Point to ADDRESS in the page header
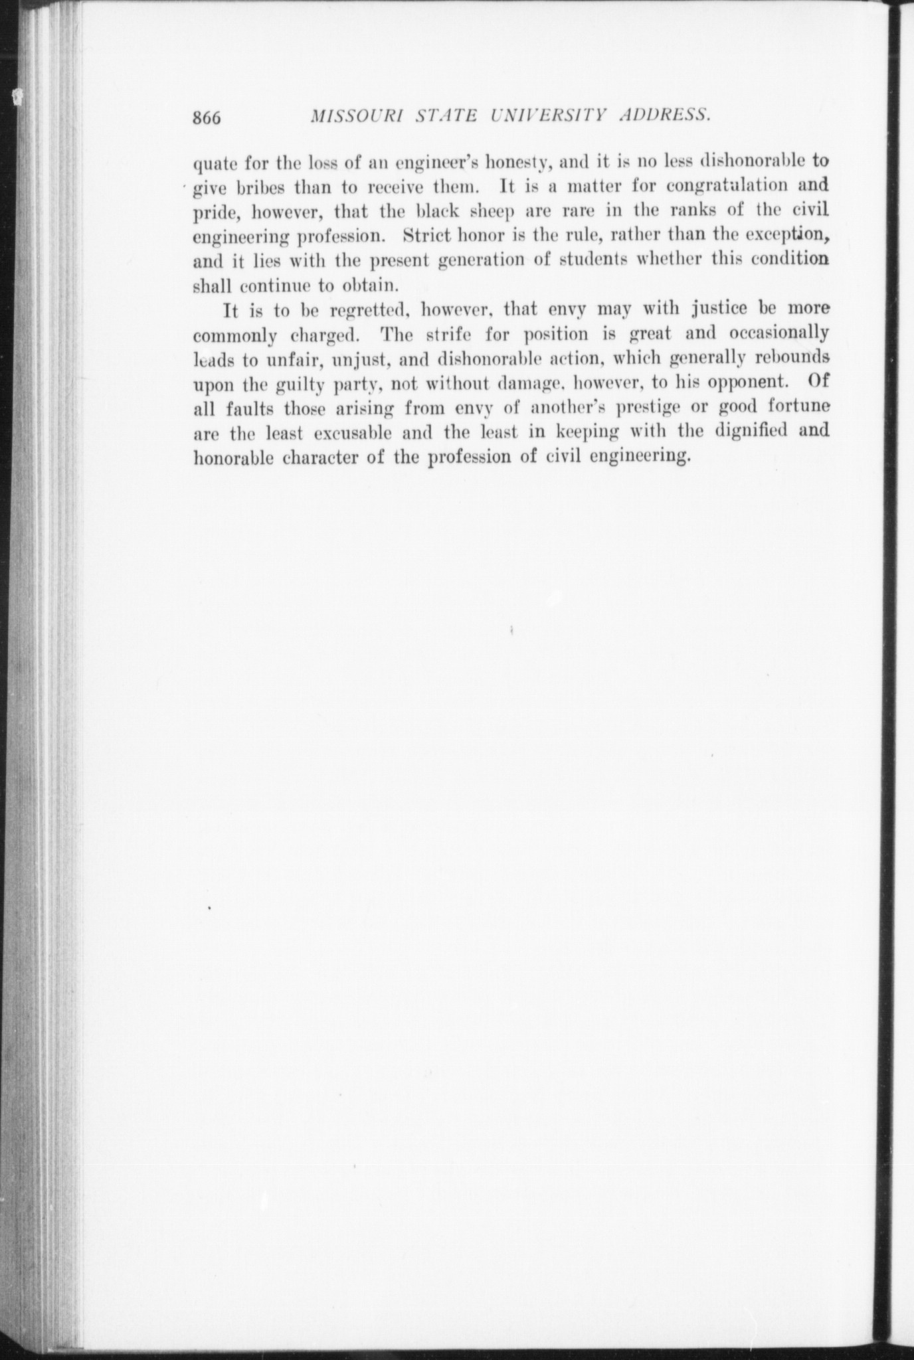pos(666,116)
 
